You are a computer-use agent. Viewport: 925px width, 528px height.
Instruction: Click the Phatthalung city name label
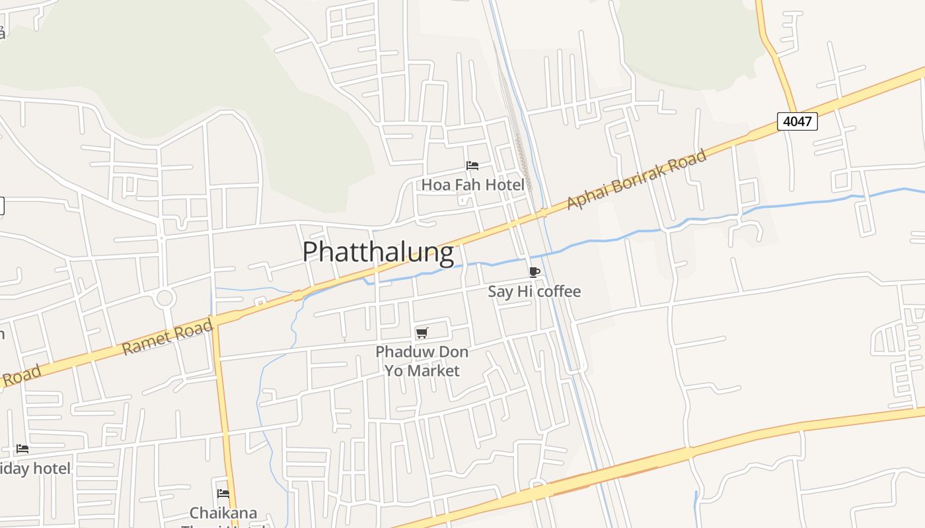coord(378,252)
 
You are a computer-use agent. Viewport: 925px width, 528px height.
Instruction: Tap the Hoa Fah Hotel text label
coord(473,185)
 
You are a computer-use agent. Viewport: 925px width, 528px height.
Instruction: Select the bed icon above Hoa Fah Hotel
coord(472,166)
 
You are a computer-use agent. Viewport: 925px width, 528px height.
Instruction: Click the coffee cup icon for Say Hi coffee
coord(535,272)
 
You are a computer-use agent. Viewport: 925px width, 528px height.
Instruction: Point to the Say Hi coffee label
coord(534,291)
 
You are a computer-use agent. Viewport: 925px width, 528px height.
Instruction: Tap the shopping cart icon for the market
coord(422,333)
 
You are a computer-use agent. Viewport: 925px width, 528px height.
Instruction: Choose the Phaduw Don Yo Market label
coord(422,361)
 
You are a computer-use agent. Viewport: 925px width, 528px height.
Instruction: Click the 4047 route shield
coord(797,121)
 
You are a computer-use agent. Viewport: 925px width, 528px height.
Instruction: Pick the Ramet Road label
coord(168,337)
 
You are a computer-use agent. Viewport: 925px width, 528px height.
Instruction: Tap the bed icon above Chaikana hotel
coord(223,494)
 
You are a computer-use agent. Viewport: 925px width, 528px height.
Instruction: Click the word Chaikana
coord(223,513)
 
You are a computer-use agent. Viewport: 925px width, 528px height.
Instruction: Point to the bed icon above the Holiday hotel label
coord(22,449)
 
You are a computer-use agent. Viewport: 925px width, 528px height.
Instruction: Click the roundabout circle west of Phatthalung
coord(165,298)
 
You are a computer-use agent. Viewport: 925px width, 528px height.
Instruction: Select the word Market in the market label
coord(433,371)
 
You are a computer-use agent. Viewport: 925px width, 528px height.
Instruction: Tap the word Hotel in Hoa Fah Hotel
coord(505,185)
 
